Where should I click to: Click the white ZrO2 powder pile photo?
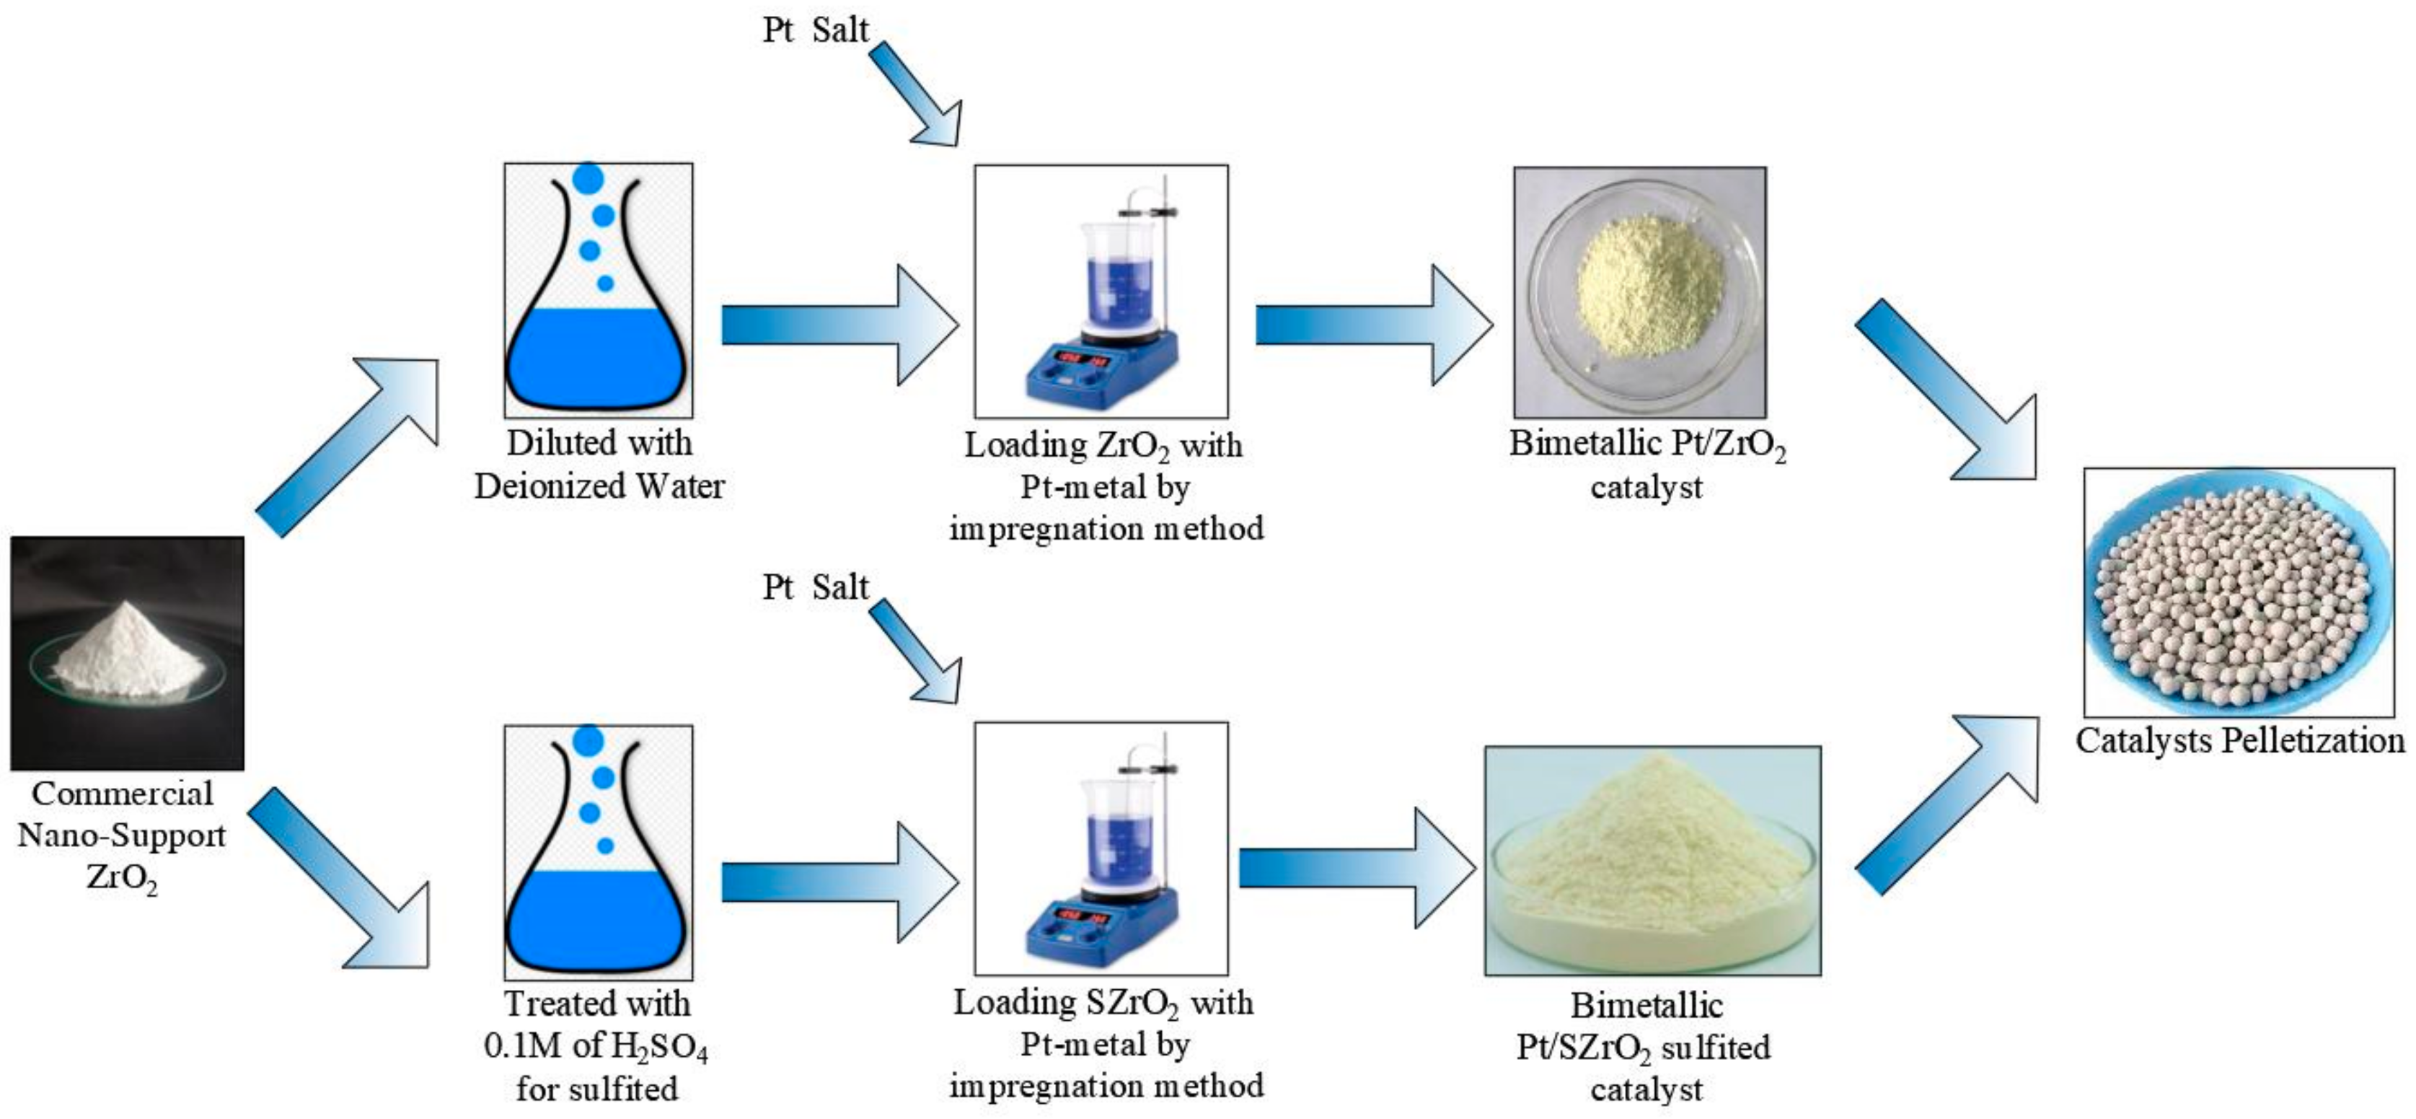tap(127, 654)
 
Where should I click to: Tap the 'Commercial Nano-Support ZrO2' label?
tap(122, 835)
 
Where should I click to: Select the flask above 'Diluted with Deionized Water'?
tap(599, 291)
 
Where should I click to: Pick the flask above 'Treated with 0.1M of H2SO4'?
tap(599, 851)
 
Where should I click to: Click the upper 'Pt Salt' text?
tap(815, 30)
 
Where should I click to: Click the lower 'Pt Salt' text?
tap(815, 587)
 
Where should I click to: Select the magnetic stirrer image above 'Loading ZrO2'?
tap(1101, 291)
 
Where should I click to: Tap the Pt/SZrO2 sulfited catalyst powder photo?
tap(1652, 861)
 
